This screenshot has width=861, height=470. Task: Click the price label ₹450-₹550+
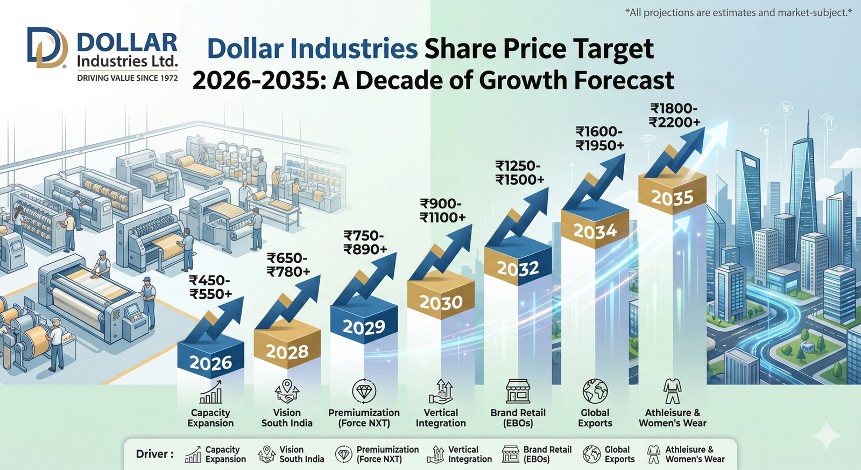coord(210,287)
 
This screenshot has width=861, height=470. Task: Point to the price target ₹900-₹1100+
coord(442,211)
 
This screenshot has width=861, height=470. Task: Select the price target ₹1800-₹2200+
coord(674,116)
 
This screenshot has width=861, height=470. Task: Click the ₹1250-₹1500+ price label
coord(519,173)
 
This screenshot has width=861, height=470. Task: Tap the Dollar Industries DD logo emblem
coord(47,48)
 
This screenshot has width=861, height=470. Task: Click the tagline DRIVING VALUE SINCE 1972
coord(127,78)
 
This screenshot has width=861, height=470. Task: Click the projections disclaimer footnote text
coord(738,12)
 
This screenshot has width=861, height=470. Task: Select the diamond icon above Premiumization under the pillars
coord(364,391)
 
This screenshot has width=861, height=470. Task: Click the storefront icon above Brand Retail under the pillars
coord(518,391)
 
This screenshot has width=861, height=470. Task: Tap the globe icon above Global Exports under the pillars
coord(595,391)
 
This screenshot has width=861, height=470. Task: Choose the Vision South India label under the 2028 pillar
coord(287,418)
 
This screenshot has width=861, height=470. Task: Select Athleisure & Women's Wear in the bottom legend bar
coord(694,454)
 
